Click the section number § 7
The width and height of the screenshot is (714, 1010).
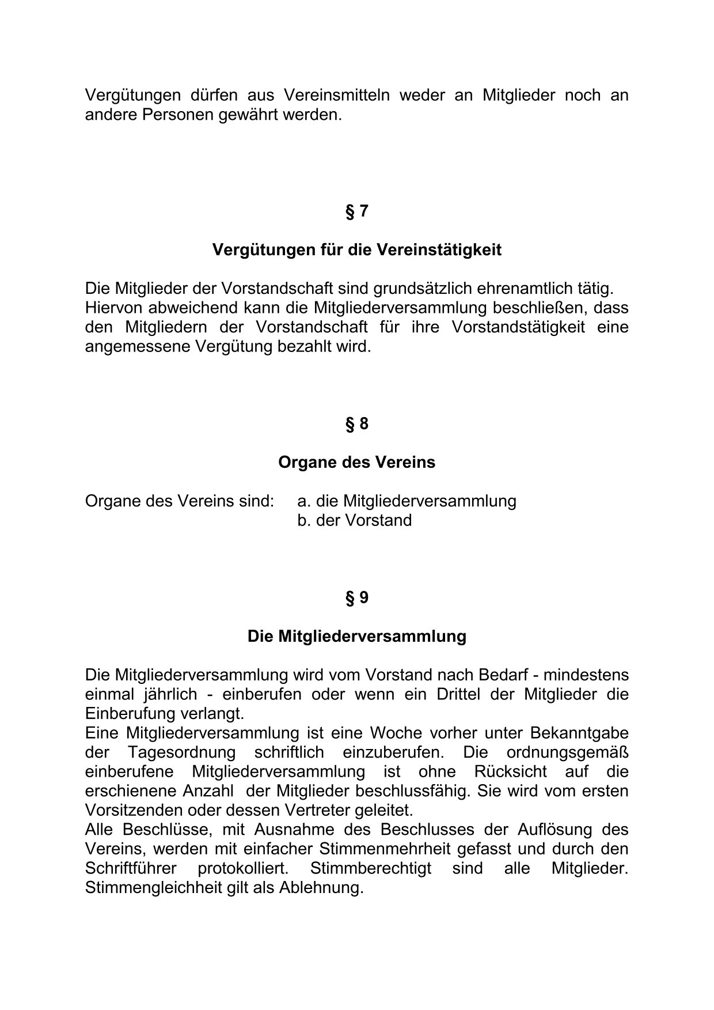[356, 211]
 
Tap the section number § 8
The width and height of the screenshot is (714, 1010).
[356, 424]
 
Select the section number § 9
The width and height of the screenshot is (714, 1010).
[356, 598]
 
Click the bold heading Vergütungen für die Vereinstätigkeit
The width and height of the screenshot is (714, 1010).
[356, 250]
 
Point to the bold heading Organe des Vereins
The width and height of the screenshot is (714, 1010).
[356, 463]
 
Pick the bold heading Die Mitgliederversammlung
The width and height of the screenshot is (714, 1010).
[356, 637]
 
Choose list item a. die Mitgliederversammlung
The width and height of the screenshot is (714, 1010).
[407, 501]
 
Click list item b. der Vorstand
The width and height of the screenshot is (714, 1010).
[354, 521]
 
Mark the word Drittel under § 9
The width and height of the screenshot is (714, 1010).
[457, 694]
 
